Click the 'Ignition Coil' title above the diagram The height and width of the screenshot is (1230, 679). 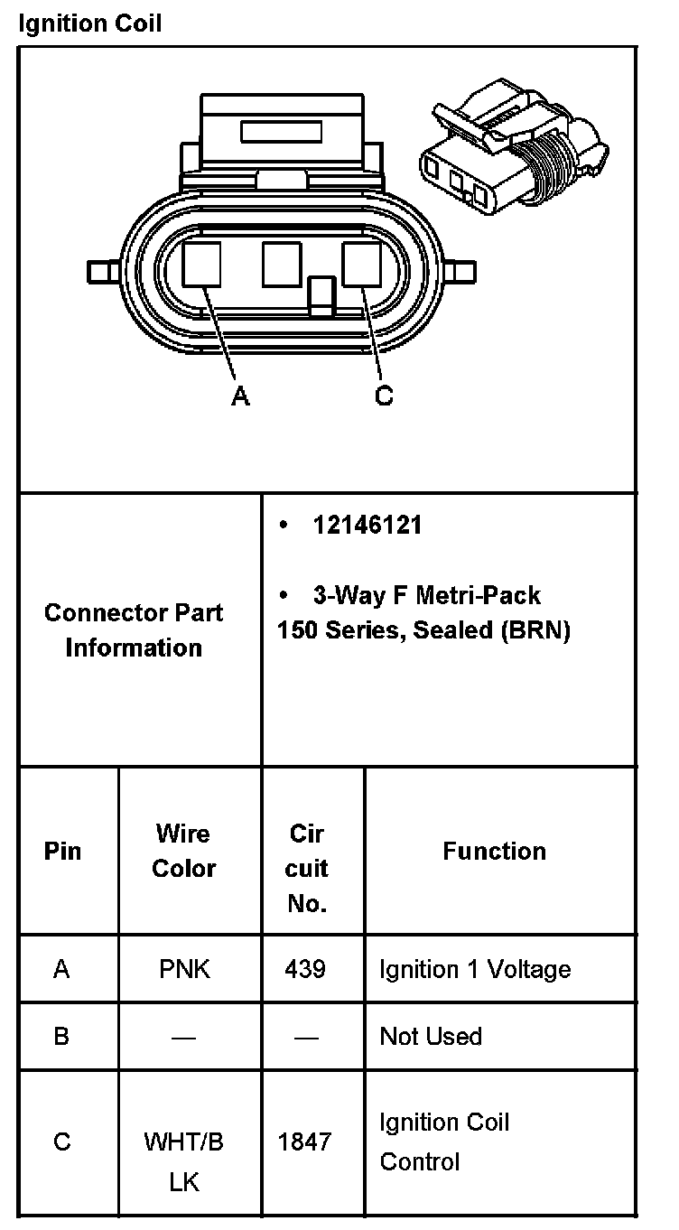(89, 23)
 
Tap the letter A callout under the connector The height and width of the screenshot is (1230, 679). (240, 396)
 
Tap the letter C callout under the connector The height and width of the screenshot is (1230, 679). (384, 396)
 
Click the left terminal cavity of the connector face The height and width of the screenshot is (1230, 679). (201, 265)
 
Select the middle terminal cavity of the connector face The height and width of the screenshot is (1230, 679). (281, 265)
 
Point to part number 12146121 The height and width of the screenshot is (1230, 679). (367, 526)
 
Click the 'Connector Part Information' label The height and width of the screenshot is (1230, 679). (134, 630)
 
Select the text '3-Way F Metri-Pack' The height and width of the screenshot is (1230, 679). (426, 595)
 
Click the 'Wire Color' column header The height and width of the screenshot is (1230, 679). (183, 851)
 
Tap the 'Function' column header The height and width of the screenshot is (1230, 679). (494, 851)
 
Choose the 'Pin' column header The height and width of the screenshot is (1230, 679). (62, 851)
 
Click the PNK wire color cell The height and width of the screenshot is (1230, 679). (183, 970)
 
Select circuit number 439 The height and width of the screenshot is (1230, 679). (305, 970)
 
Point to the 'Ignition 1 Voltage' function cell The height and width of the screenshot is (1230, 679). (475, 970)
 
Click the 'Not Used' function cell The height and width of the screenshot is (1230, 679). (431, 1036)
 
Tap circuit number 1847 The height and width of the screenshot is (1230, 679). (305, 1142)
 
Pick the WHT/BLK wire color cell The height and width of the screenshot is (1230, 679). (183, 1161)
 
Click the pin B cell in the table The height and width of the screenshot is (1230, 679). (61, 1036)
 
